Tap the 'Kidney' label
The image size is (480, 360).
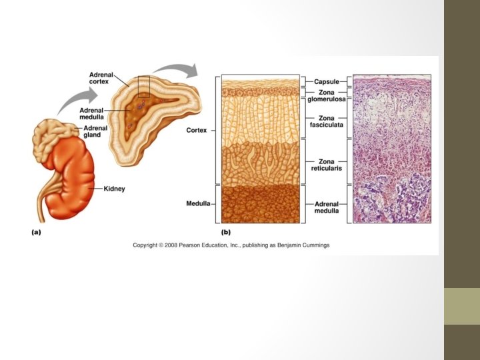[x=114, y=189]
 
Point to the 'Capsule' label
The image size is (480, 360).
[x=327, y=81]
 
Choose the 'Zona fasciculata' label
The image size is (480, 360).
[x=327, y=122]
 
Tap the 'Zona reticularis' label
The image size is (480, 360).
[x=327, y=165]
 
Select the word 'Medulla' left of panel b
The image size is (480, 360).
[x=199, y=203]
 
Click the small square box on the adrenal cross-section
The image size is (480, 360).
[x=143, y=87]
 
